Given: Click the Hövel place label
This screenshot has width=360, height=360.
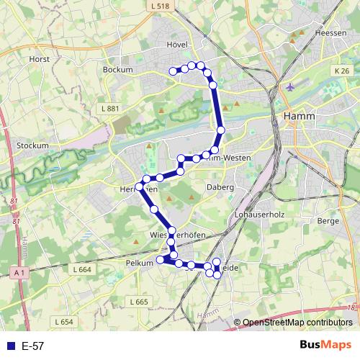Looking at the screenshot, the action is click(177, 44).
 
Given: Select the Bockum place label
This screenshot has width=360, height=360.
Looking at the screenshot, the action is click(118, 70).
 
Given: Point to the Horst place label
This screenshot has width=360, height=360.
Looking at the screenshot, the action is click(38, 60).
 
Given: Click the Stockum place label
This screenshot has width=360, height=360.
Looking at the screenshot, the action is click(32, 145).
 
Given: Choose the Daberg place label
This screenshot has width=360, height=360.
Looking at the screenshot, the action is click(222, 186).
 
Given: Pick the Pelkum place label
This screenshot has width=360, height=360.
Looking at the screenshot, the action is click(140, 263).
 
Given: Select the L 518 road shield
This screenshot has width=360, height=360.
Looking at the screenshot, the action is click(162, 6).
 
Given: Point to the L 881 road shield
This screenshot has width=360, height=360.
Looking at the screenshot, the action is click(109, 108).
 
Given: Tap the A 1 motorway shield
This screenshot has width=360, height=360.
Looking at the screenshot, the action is click(19, 271).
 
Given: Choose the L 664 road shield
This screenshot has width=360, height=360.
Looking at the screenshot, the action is click(83, 269).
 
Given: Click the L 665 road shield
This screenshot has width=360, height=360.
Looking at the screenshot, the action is click(139, 302).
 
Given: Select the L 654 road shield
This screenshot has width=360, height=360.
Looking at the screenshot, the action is click(63, 322).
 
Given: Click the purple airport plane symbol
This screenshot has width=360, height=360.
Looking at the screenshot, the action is click(290, 87).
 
